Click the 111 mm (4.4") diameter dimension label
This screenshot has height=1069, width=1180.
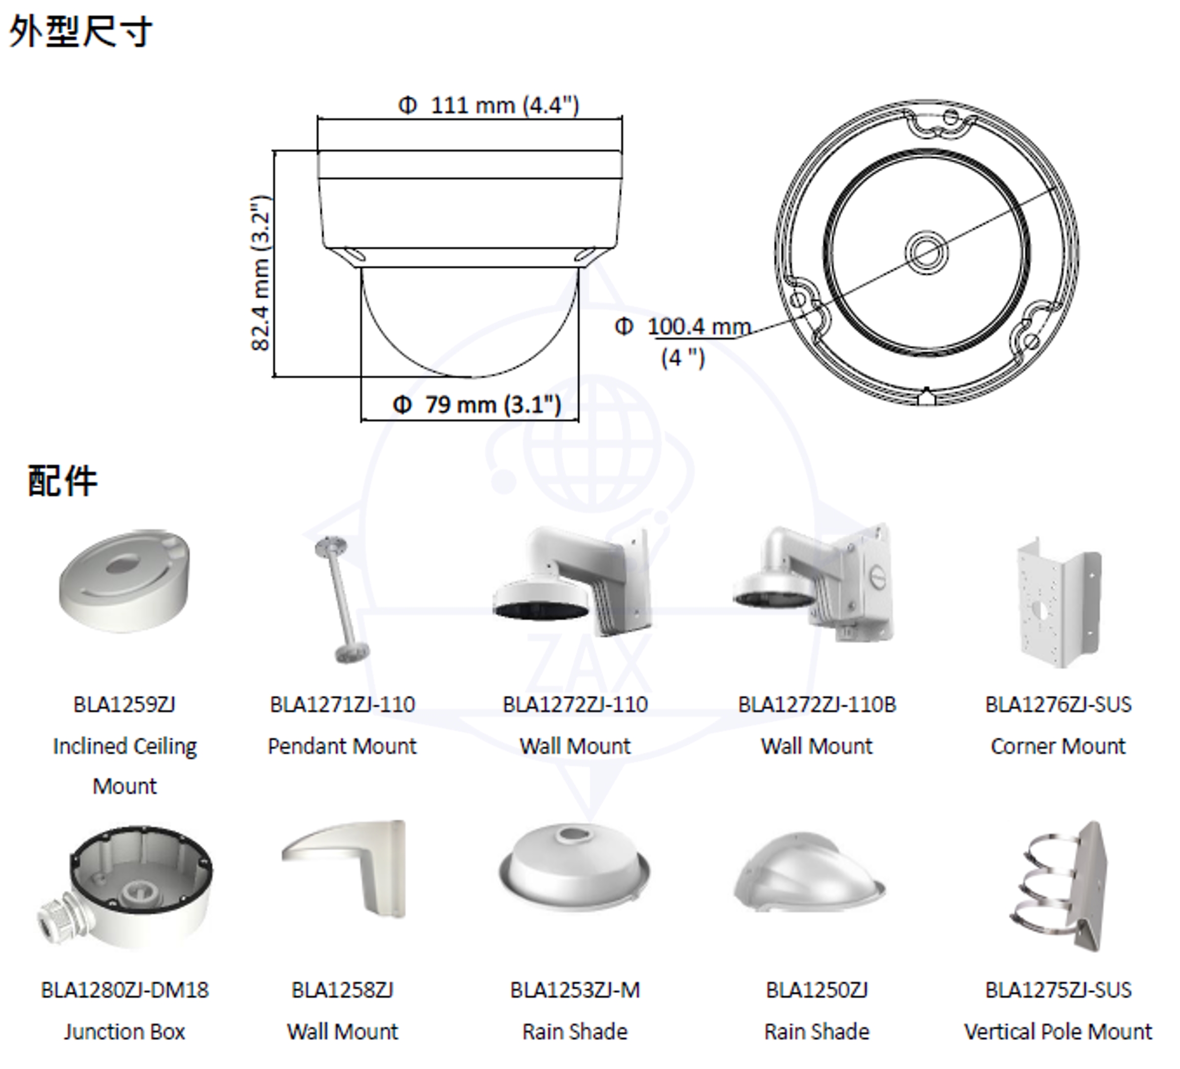(488, 106)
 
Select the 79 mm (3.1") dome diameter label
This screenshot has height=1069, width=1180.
(477, 404)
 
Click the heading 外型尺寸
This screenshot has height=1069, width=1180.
(81, 31)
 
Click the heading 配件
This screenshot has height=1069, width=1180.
(63, 481)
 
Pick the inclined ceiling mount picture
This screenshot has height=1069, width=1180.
(125, 581)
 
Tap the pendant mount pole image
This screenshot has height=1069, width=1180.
(343, 600)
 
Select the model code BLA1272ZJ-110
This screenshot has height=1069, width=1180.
(575, 704)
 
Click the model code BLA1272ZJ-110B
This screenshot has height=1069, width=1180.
(817, 704)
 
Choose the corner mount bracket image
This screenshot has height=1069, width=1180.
(1059, 603)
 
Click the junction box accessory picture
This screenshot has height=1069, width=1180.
(125, 887)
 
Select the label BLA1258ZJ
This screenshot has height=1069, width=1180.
(343, 990)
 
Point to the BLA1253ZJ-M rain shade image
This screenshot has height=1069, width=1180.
(575, 868)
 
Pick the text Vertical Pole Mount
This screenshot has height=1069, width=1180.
(1058, 1032)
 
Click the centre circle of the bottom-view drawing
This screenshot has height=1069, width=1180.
(927, 253)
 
